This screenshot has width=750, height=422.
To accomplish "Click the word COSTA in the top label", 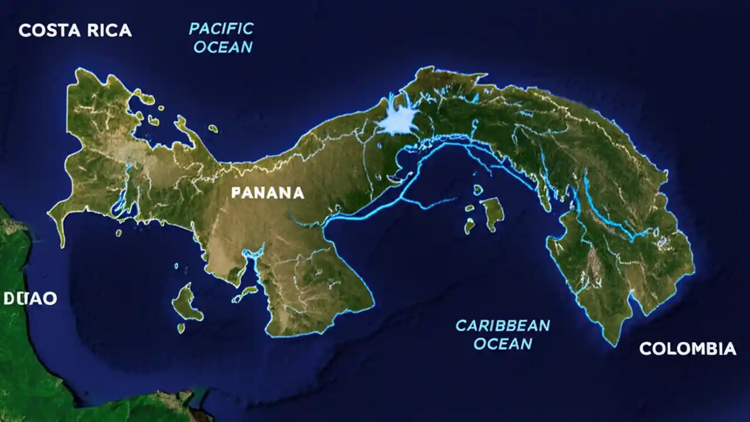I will point(48,30).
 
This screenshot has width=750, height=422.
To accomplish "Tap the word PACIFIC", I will point(221,28).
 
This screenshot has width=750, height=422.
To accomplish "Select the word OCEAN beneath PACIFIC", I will point(223,47).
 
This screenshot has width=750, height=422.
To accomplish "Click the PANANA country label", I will point(268,192).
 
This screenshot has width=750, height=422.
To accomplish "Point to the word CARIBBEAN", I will point(503,325).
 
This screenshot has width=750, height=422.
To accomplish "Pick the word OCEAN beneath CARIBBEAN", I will point(503,343).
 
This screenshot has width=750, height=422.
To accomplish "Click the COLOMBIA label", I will point(687,349).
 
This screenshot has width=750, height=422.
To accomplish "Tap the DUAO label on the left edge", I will point(30,298).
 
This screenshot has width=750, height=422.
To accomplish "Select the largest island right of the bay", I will point(493,212).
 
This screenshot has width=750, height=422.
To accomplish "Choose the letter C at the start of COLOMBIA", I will point(645,349).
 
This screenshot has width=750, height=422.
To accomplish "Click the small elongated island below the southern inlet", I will point(245,294).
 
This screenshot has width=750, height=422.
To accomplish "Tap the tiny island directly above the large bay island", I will point(478,189).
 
